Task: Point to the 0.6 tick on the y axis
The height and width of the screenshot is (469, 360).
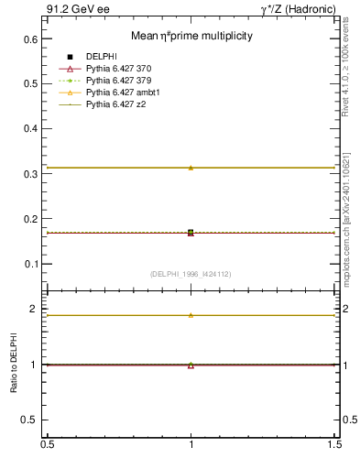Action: (x=30, y=39)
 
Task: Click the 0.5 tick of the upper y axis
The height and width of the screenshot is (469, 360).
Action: (x=30, y=84)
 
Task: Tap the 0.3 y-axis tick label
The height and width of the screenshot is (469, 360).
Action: (x=30, y=174)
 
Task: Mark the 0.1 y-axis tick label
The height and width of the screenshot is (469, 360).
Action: (x=30, y=264)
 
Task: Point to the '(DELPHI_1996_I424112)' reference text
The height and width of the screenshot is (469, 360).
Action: (x=191, y=274)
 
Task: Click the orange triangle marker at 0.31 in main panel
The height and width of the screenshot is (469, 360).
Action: (x=191, y=168)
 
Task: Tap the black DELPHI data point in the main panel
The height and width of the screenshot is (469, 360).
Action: (x=191, y=233)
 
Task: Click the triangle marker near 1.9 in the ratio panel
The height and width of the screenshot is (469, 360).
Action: (x=191, y=315)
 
